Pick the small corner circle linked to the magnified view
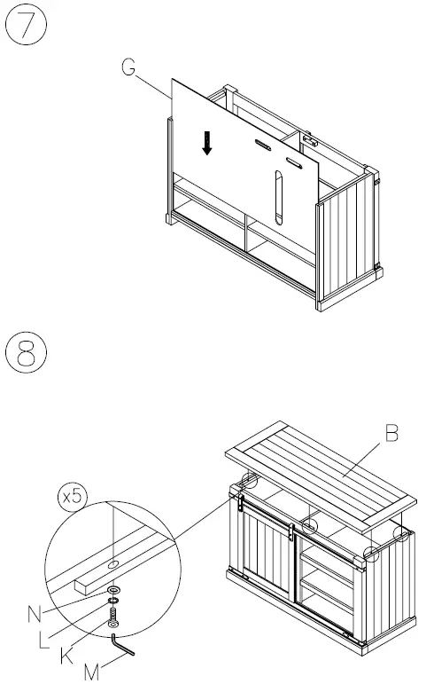pos(249,484)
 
